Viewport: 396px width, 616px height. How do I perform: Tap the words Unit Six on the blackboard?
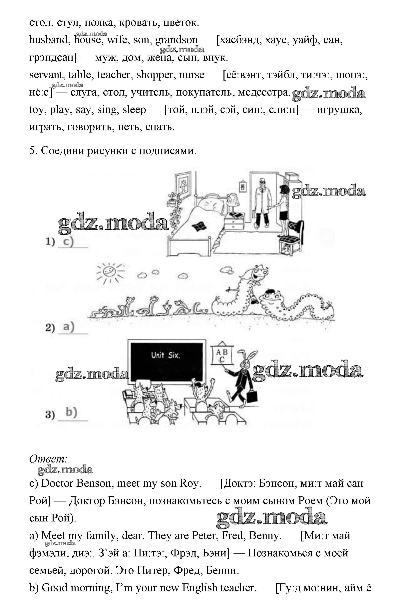[166, 356]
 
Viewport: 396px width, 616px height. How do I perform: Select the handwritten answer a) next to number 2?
[69, 327]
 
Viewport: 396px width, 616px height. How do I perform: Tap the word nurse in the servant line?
[192, 75]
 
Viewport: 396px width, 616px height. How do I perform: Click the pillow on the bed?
[210, 204]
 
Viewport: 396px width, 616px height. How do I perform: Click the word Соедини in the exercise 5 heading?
[63, 151]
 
